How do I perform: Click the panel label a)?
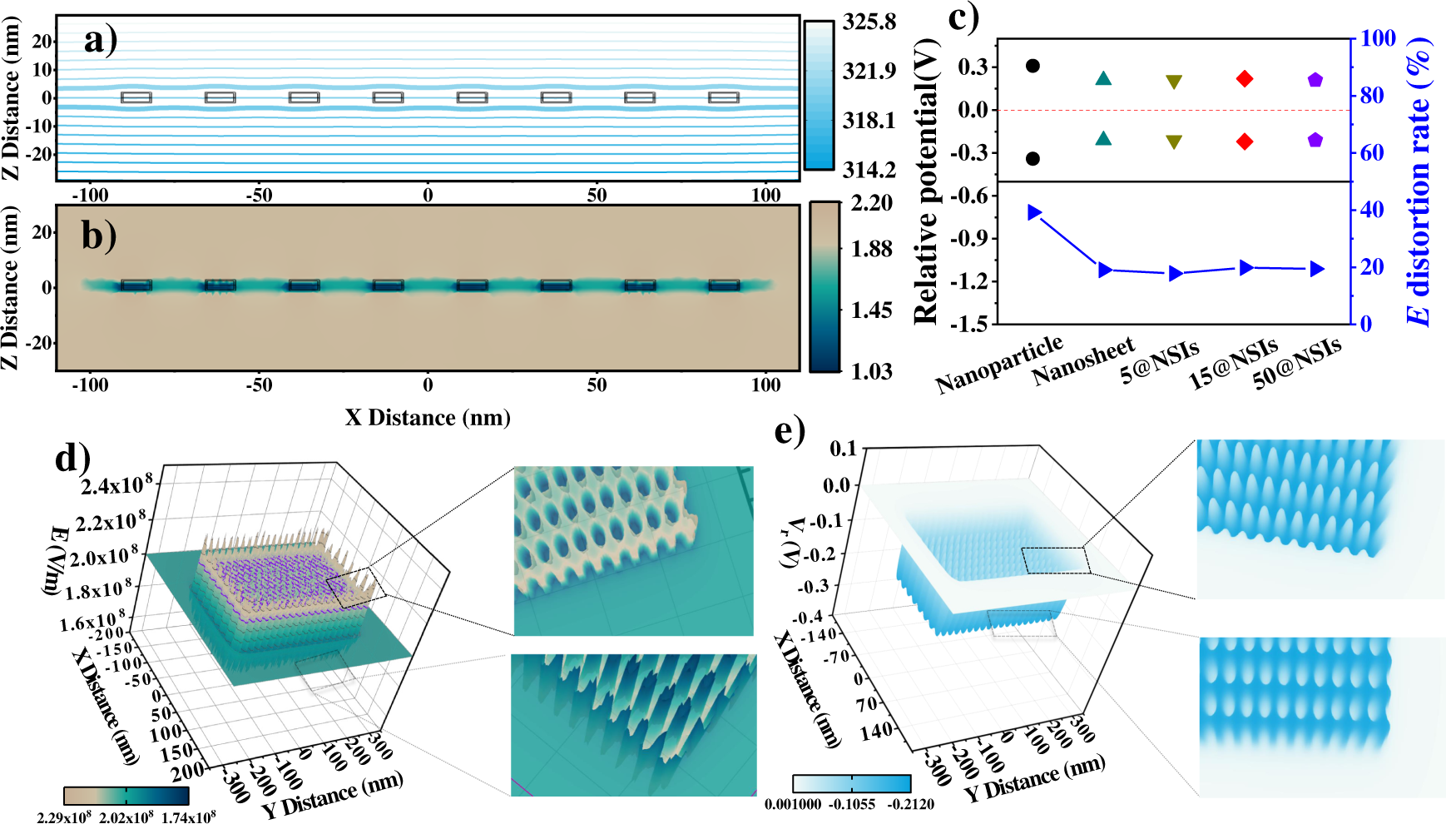(101, 39)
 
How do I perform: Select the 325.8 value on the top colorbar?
(869, 22)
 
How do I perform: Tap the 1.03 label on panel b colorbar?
(871, 371)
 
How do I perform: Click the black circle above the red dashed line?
(1033, 66)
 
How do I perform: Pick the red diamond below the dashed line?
(1245, 141)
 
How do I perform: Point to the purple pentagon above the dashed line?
(1315, 80)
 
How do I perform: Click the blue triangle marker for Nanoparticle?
(1035, 212)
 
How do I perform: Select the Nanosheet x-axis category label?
(1083, 361)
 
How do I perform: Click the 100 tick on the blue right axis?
(1378, 38)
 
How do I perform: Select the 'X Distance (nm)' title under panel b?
(428, 417)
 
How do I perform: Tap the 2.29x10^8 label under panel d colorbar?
(64, 817)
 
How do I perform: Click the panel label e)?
(790, 431)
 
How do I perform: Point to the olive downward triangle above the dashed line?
(1174, 82)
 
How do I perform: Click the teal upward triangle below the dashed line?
(1103, 139)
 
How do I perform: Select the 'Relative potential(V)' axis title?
(925, 181)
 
